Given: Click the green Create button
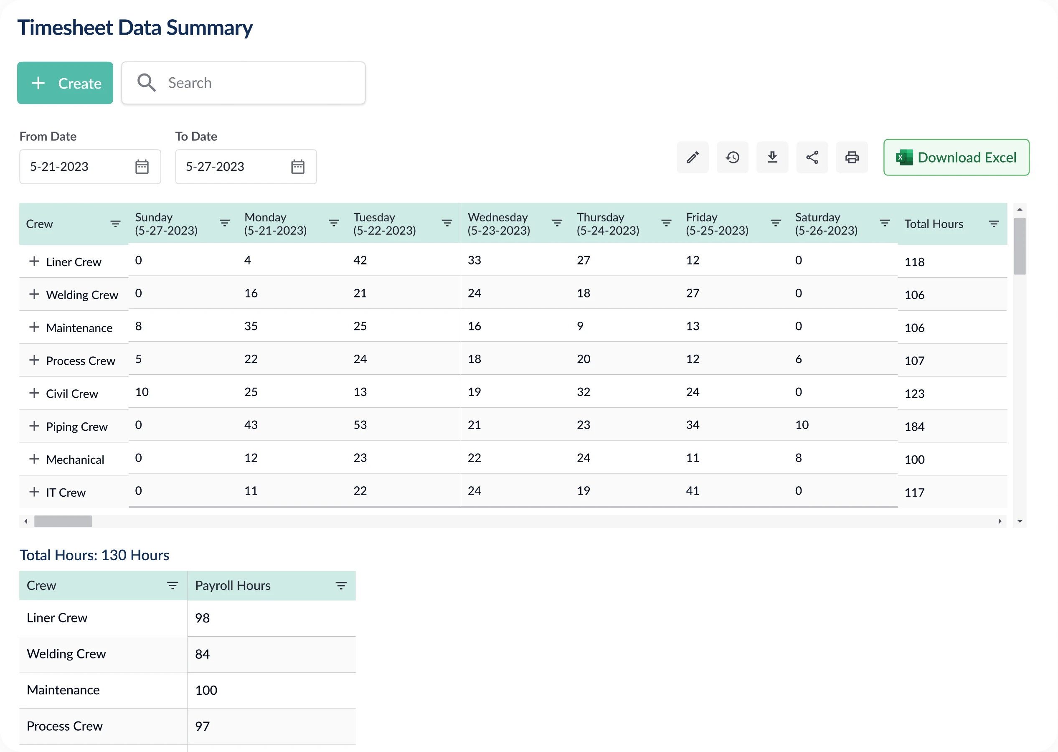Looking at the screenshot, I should point(65,83).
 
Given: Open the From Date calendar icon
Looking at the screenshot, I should point(142,167).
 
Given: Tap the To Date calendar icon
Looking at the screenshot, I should point(297,167).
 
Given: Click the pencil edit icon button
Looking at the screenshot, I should point(693,158).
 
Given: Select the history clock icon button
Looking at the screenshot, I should point(732,158).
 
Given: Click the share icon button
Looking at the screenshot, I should point(812,158).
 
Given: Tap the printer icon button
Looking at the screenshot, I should point(852,158).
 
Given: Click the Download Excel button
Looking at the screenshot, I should point(956,158).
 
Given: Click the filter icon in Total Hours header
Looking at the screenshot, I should point(994,224).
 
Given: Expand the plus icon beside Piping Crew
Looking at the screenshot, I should point(34,426).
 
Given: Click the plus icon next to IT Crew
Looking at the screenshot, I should point(34,492).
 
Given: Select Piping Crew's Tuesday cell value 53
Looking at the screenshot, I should point(360,425).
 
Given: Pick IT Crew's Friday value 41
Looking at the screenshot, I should point(693,491).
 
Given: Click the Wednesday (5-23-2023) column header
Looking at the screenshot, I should point(498,224).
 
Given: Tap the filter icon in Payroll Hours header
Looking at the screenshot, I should point(341,586).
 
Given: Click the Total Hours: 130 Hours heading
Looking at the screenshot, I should point(94,555).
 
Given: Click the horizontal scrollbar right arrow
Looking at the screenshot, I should point(1000,521).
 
